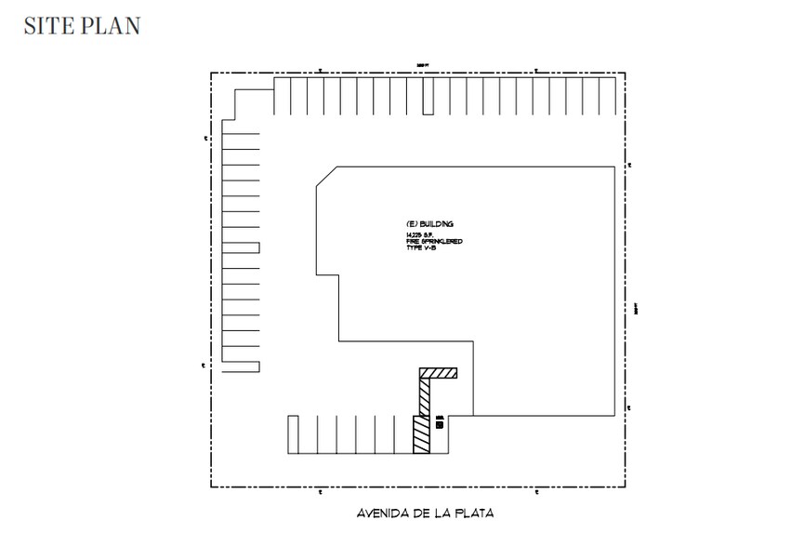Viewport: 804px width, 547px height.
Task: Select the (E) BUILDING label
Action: coord(429,225)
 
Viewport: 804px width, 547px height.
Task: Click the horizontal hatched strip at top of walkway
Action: coord(439,374)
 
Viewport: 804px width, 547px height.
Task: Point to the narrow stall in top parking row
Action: coord(428,97)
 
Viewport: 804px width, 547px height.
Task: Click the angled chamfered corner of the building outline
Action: coord(326,177)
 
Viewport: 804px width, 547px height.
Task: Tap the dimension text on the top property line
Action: coord(421,65)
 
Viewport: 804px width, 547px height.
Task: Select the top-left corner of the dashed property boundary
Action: coord(211,72)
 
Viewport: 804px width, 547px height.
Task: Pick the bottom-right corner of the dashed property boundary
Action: coord(626,487)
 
